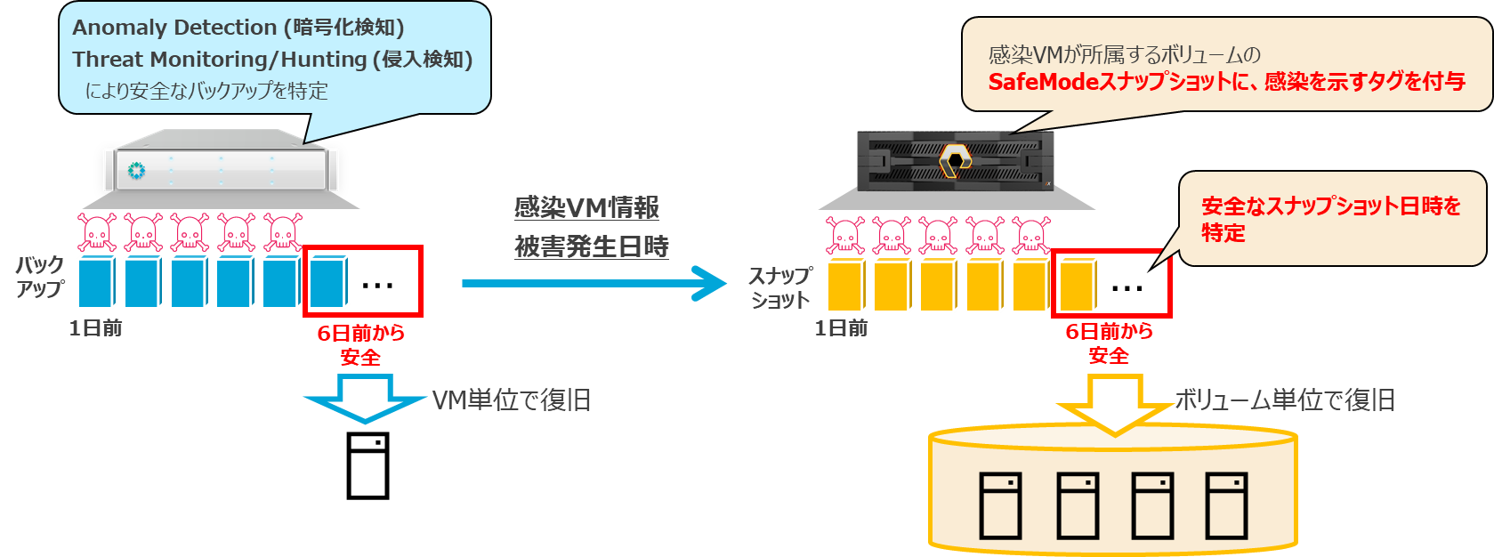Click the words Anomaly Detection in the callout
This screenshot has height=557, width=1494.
tap(174, 28)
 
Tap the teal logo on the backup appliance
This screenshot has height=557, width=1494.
tap(136, 170)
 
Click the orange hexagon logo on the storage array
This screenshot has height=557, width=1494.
tap(954, 161)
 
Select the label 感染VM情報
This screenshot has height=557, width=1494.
tap(586, 208)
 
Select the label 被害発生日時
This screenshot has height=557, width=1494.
tap(592, 246)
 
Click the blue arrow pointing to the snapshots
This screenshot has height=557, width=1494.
tap(594, 284)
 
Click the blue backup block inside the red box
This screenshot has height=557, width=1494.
tap(328, 281)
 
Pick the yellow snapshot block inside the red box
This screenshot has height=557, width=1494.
tap(1077, 284)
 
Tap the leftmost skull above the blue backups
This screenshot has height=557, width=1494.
tap(97, 232)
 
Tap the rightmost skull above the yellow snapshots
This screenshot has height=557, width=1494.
tap(1031, 235)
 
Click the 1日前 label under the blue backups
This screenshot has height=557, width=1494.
tap(96, 328)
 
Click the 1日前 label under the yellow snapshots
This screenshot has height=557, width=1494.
tap(842, 328)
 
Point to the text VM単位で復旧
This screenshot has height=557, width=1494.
tap(512, 400)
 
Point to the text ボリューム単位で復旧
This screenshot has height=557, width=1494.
tap(1285, 400)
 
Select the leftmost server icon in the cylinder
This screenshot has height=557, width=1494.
tap(1000, 505)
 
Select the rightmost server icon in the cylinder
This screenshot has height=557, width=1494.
tap(1226, 505)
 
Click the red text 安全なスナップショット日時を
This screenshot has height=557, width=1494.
tap(1331, 206)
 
